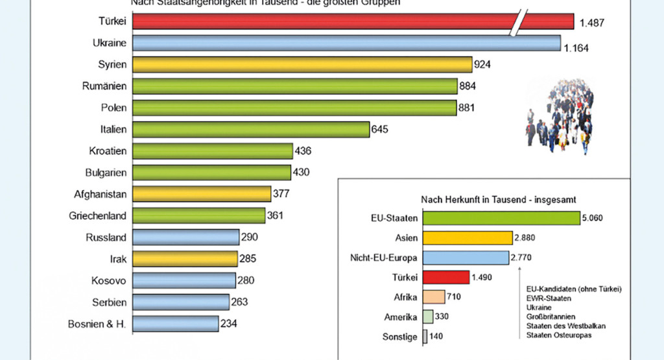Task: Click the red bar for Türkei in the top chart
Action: point(324,22)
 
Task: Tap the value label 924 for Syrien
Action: point(483,64)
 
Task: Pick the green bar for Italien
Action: point(250,130)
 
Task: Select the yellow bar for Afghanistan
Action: point(202,194)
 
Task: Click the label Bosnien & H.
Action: point(97,324)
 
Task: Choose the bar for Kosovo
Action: point(184,280)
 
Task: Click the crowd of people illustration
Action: point(559,117)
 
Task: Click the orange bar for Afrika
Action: point(434,297)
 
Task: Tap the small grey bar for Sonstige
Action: point(425,337)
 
